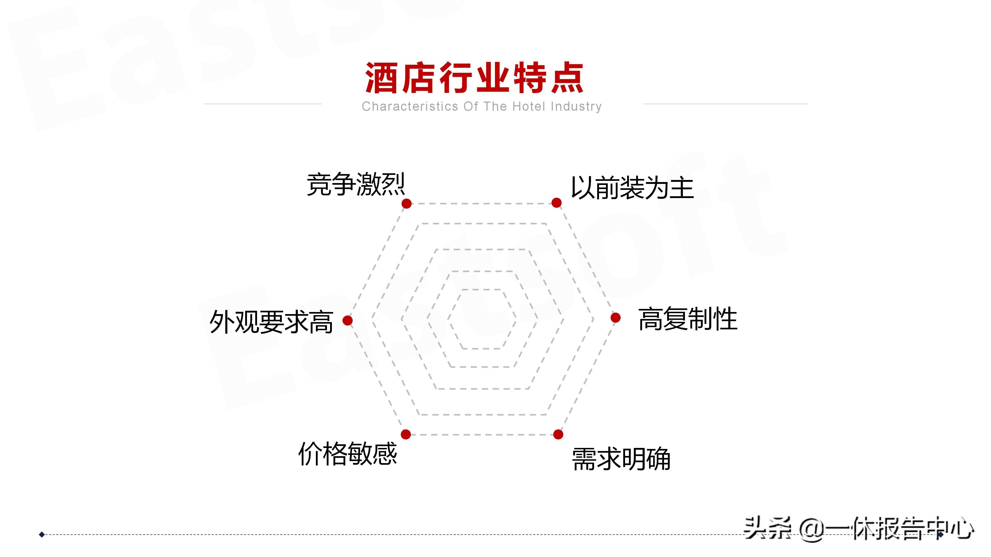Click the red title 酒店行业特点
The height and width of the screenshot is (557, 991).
click(474, 78)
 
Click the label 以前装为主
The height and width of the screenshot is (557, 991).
click(632, 188)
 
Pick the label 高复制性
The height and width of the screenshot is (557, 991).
click(688, 319)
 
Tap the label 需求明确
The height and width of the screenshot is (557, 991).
click(621, 459)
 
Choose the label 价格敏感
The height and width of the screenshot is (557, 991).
click(347, 454)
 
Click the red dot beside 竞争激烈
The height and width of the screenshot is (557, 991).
click(406, 203)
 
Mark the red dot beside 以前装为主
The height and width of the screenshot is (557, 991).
click(556, 203)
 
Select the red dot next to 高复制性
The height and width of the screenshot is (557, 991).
click(616, 317)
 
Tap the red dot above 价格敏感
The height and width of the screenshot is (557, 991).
click(405, 434)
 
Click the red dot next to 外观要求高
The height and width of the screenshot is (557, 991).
click(347, 320)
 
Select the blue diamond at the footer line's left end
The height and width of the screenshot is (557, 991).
click(42, 534)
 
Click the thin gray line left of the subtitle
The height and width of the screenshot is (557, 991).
click(262, 104)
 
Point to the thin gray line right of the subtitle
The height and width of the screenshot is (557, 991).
click(725, 104)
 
